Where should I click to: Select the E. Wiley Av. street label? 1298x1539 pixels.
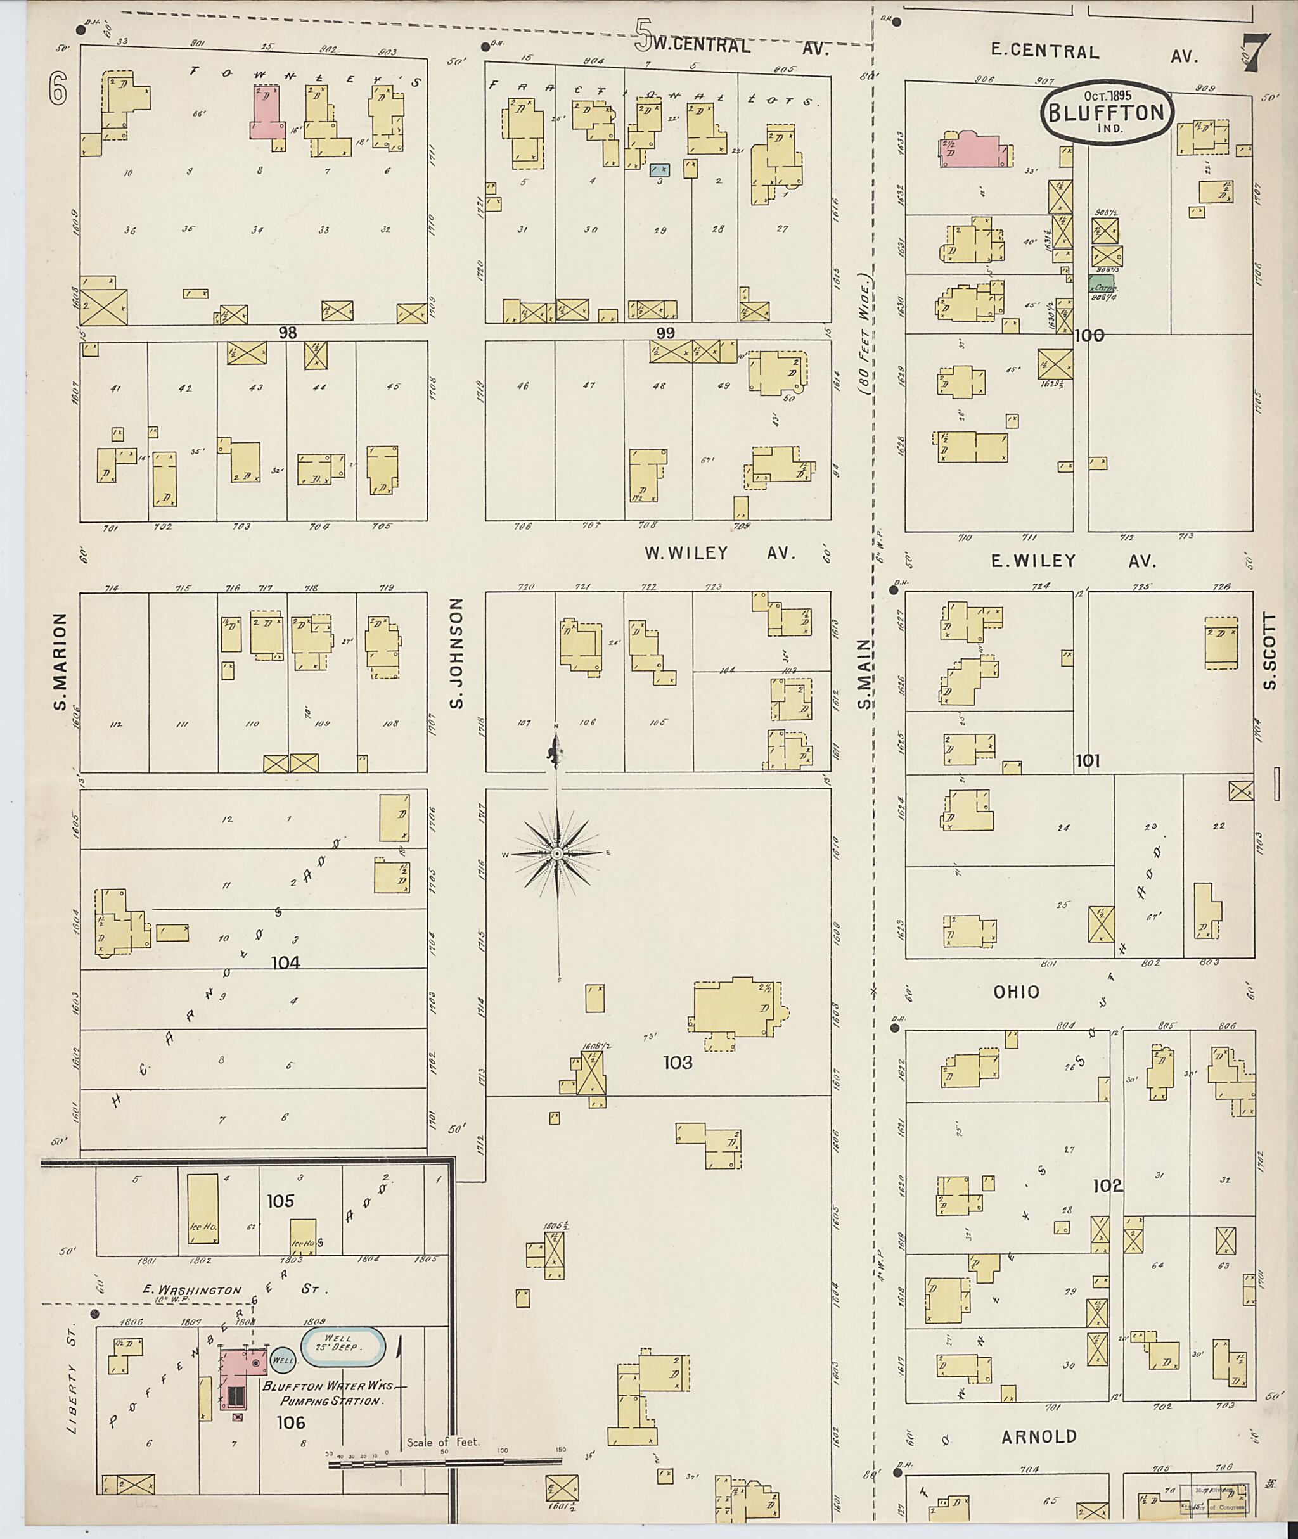tap(1073, 561)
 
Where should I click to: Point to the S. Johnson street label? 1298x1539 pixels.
tap(457, 653)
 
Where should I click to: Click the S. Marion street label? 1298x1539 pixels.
tap(60, 661)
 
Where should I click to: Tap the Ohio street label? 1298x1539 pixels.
tap(1016, 992)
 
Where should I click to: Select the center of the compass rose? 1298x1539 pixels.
tap(557, 853)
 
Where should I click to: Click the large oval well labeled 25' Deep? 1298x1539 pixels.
tap(343, 1343)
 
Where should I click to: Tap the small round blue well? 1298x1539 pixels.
tap(283, 1360)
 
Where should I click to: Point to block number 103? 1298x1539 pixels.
tap(677, 1063)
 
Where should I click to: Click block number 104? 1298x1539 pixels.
tap(285, 962)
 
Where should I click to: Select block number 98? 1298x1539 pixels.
tap(287, 333)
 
